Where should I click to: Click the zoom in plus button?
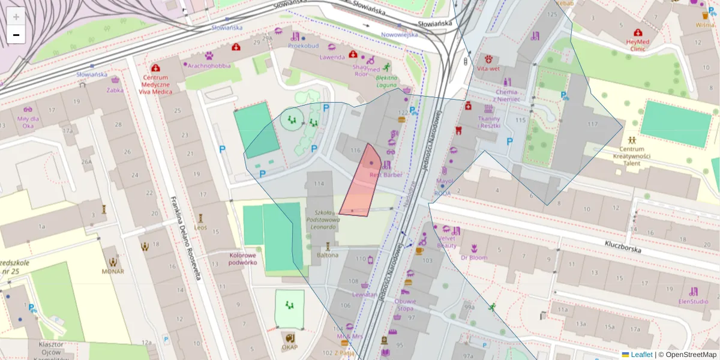16,16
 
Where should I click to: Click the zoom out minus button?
16,35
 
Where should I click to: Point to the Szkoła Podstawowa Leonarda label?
323,220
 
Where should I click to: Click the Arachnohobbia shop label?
209,65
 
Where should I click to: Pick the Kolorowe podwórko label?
243,259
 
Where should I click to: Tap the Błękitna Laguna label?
386,81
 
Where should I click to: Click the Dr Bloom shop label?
474,257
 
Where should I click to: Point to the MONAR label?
113,271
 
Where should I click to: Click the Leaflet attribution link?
641,355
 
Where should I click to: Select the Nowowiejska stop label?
399,35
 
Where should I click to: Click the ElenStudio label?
693,301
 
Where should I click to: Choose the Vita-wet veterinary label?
488,68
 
